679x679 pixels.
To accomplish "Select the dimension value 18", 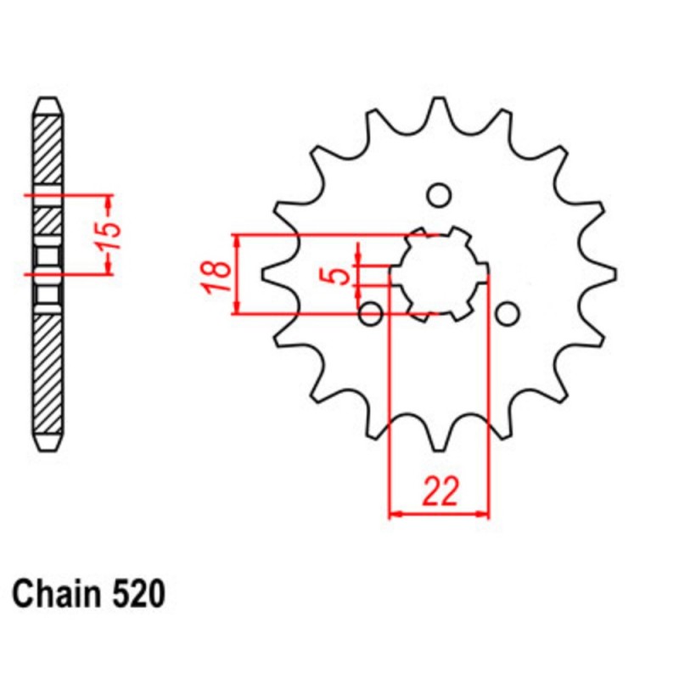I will click(216, 276).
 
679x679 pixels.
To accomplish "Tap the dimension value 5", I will click(339, 275).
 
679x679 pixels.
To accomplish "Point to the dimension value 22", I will click(439, 491).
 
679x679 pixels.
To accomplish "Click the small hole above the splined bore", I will click(439, 196).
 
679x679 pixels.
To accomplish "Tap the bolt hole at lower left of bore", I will click(371, 314).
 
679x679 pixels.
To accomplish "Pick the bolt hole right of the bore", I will click(507, 314).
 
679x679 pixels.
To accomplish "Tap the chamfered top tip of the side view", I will click(48, 101).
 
